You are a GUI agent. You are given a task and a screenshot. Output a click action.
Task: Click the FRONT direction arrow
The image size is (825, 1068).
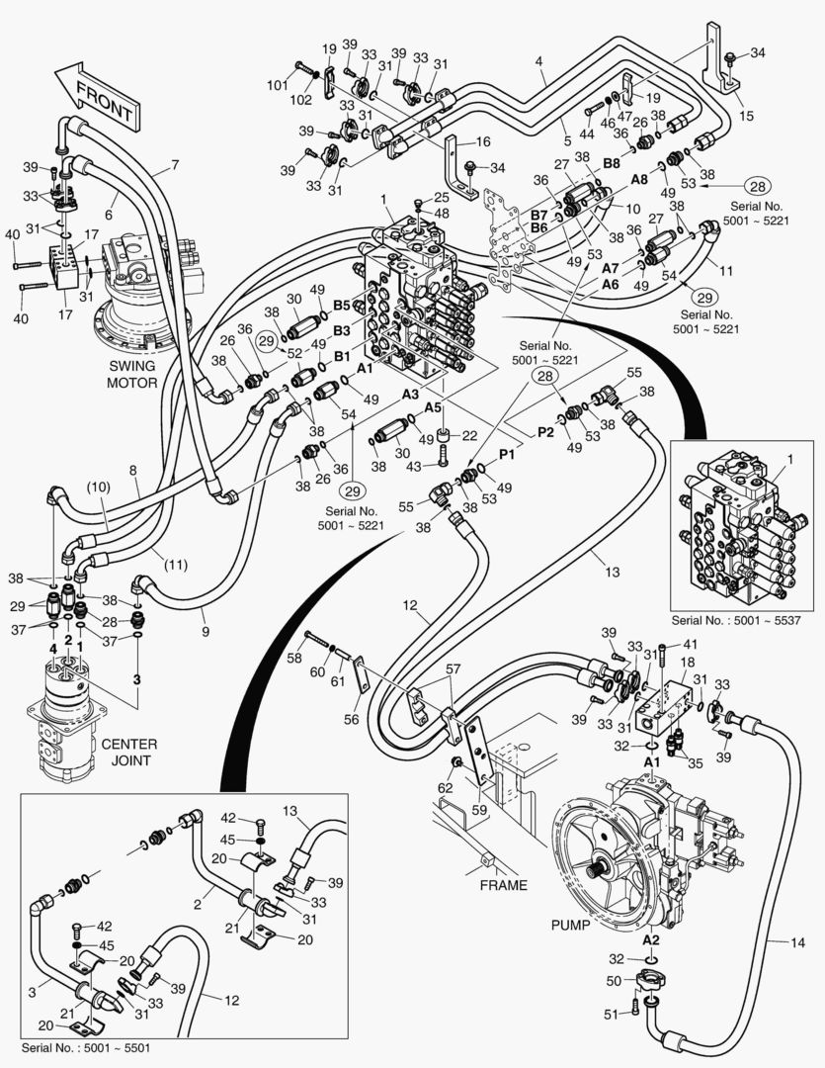(97, 95)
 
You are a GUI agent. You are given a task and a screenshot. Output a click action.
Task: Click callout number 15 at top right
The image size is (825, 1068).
(746, 117)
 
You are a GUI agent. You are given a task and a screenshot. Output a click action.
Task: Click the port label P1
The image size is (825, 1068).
(507, 453)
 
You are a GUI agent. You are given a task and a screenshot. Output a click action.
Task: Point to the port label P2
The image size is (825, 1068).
(545, 432)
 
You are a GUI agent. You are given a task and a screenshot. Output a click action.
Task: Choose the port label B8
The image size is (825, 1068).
(612, 162)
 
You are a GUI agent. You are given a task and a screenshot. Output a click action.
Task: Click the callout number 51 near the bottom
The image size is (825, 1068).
(610, 1013)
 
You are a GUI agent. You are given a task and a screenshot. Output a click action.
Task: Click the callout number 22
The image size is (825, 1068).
(469, 435)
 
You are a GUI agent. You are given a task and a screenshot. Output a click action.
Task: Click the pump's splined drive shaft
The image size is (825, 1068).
(596, 869)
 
